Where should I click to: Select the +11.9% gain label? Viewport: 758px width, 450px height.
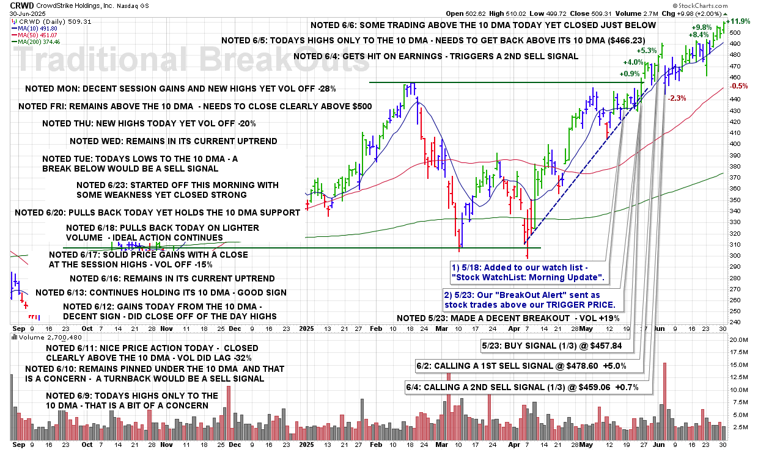tap(741, 21)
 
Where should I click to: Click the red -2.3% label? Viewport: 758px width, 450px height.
tap(677, 98)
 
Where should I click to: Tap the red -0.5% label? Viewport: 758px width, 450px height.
tap(740, 87)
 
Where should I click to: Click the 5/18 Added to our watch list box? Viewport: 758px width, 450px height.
tap(526, 273)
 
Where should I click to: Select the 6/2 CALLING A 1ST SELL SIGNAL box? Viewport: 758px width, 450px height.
tap(528, 366)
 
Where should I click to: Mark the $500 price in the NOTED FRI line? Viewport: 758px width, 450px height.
tap(359, 106)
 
